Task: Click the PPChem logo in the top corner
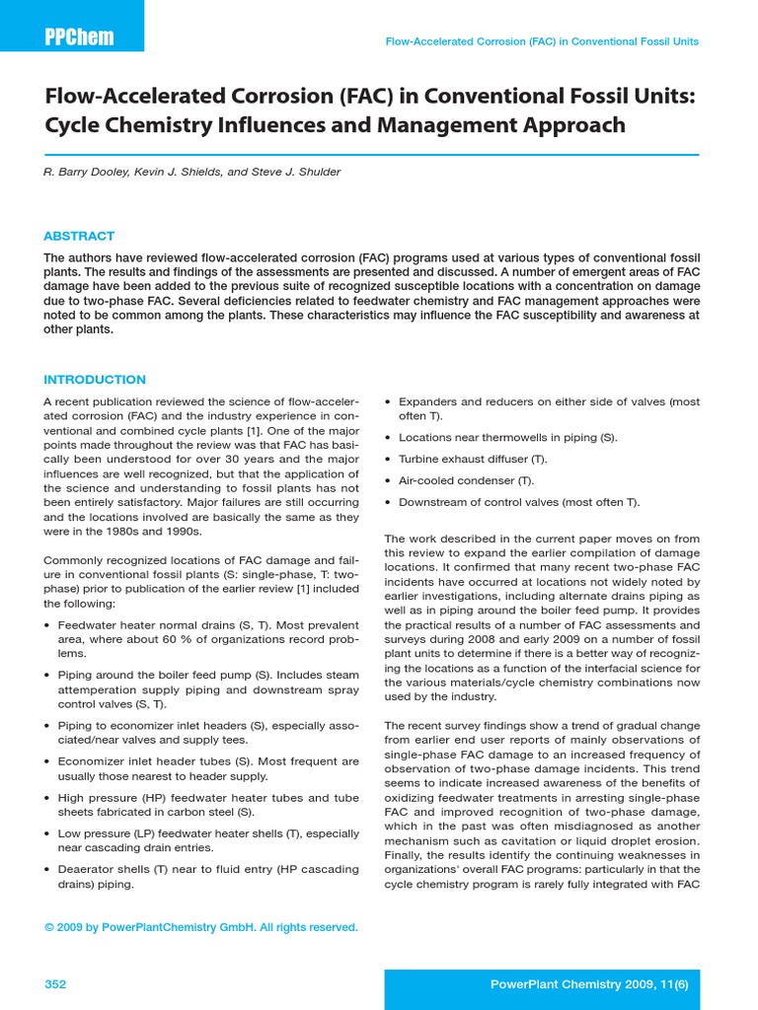(79, 37)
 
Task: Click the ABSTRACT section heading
(79, 236)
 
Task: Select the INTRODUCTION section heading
(95, 380)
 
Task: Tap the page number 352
(55, 984)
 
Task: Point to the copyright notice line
(201, 927)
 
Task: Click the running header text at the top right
(542, 41)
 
